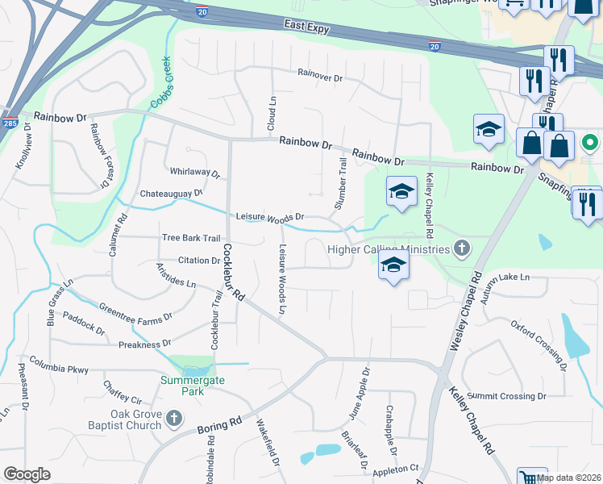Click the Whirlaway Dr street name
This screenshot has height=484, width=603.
coord(194,173)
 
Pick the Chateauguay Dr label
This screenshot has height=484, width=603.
coord(171,194)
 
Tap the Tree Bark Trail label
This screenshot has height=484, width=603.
coord(190,238)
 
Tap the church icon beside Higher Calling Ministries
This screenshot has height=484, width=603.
coord(462,248)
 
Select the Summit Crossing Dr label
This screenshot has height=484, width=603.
coord(506,396)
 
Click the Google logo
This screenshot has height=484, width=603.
coord(27,474)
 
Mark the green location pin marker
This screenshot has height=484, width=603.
coord(590,144)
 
